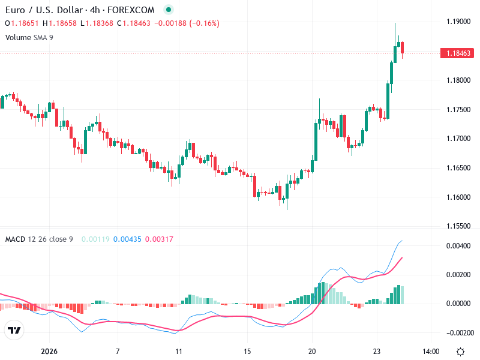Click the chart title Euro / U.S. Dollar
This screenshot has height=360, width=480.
click(x=46, y=10)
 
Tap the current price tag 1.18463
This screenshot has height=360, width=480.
click(x=457, y=53)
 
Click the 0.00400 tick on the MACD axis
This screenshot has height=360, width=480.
click(x=459, y=246)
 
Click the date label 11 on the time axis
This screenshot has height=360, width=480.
click(x=178, y=352)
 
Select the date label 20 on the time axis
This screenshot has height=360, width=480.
click(x=312, y=352)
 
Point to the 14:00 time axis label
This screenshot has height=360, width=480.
click(x=431, y=352)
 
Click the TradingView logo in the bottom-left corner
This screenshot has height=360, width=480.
click(x=14, y=331)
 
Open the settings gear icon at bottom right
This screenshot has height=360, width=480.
click(x=460, y=352)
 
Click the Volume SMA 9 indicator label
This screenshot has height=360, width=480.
click(x=29, y=37)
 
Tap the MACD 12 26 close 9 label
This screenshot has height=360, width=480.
click(x=39, y=239)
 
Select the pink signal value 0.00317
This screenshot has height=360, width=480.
click(x=159, y=239)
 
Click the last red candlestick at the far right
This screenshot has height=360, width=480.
click(x=403, y=47)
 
